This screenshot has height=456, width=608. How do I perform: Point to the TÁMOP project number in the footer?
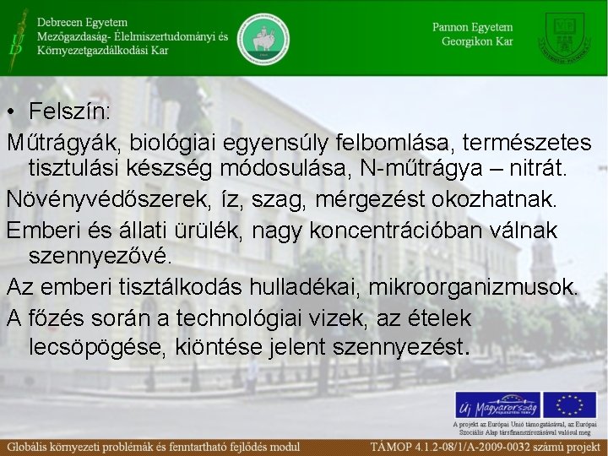pos(487,445)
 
